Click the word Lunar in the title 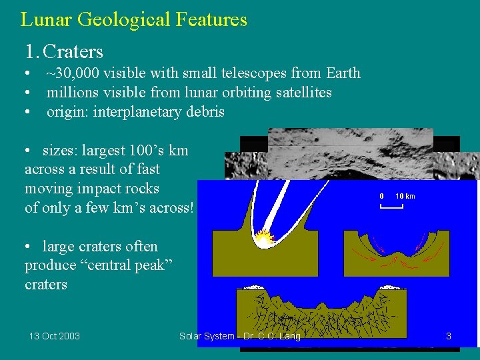[46, 19]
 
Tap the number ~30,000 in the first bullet [73, 73]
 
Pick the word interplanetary [135, 112]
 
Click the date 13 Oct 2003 [54, 336]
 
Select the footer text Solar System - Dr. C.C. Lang [240, 336]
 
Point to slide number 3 [449, 336]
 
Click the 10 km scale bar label [405, 196]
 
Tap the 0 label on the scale [381, 196]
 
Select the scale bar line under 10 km [392, 207]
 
